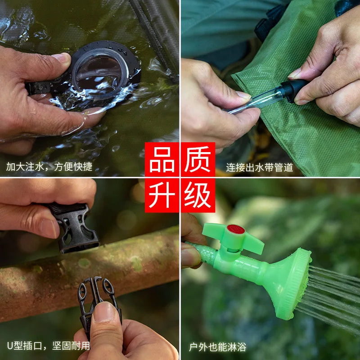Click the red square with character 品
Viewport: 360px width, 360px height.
[x=162, y=159]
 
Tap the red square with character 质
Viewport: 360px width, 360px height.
[x=198, y=159]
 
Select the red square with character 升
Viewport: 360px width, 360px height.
[x=162, y=195]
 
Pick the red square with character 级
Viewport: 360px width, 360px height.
[x=198, y=195]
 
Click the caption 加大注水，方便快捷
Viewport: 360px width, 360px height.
[x=49, y=167]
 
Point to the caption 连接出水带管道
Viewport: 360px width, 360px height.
[x=260, y=167]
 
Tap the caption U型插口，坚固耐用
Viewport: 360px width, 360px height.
[x=48, y=346]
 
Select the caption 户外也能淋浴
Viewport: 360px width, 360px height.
[x=217, y=347]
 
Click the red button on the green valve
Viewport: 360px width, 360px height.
[x=235, y=229]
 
